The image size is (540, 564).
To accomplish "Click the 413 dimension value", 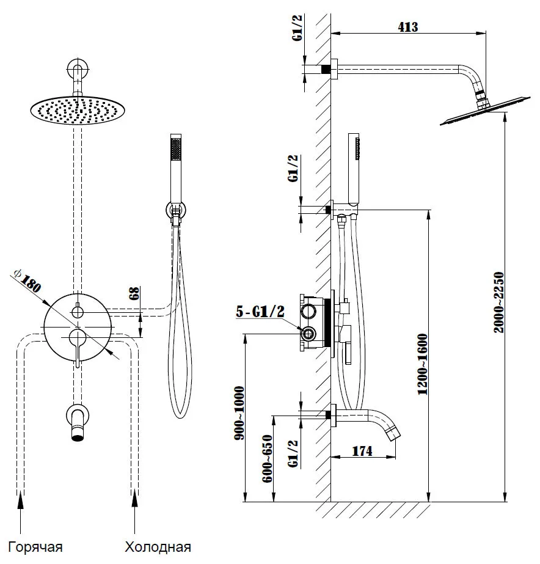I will pyautogui.click(x=407, y=26).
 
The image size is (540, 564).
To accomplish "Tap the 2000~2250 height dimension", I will pyautogui.click(x=498, y=302).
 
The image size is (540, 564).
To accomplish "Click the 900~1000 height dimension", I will pyautogui.click(x=239, y=414).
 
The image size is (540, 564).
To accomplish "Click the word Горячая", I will pyautogui.click(x=36, y=546).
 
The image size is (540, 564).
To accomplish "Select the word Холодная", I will pyautogui.click(x=158, y=546).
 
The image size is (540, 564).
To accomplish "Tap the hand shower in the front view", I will pyautogui.click(x=177, y=165).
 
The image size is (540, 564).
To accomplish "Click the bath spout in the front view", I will pyautogui.click(x=76, y=422).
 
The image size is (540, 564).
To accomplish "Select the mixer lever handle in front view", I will pyautogui.click(x=77, y=348).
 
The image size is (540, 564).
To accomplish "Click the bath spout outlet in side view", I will pyautogui.click(x=395, y=435).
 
